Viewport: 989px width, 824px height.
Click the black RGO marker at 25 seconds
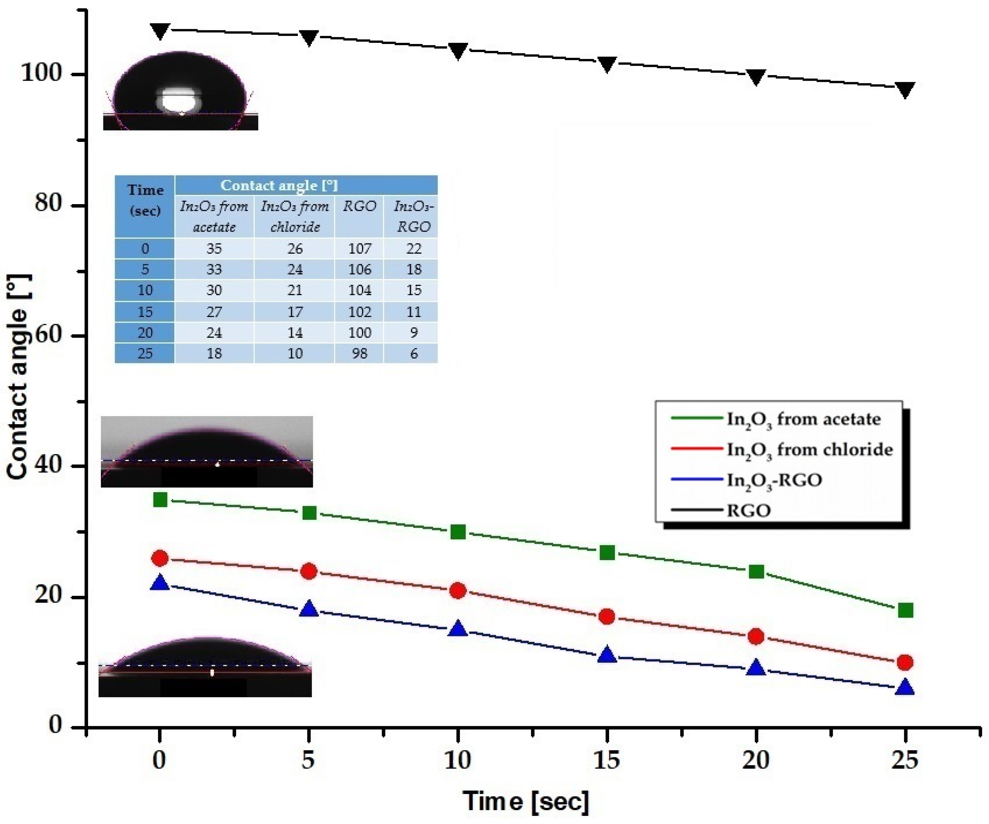(905, 89)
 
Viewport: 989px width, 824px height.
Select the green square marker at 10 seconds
(458, 533)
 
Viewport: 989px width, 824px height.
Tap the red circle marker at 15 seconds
(607, 617)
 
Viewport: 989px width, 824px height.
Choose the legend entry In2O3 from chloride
(809, 450)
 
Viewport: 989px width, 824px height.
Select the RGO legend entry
(749, 510)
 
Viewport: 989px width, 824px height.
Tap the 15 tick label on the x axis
(607, 760)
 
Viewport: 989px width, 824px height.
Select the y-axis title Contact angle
(19, 377)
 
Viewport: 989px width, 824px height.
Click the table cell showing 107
(359, 248)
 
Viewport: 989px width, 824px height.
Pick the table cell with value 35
(214, 248)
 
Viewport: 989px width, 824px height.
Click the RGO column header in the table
(359, 206)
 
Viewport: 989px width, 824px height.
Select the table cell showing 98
(359, 353)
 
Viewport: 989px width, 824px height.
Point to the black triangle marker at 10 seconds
(458, 51)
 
